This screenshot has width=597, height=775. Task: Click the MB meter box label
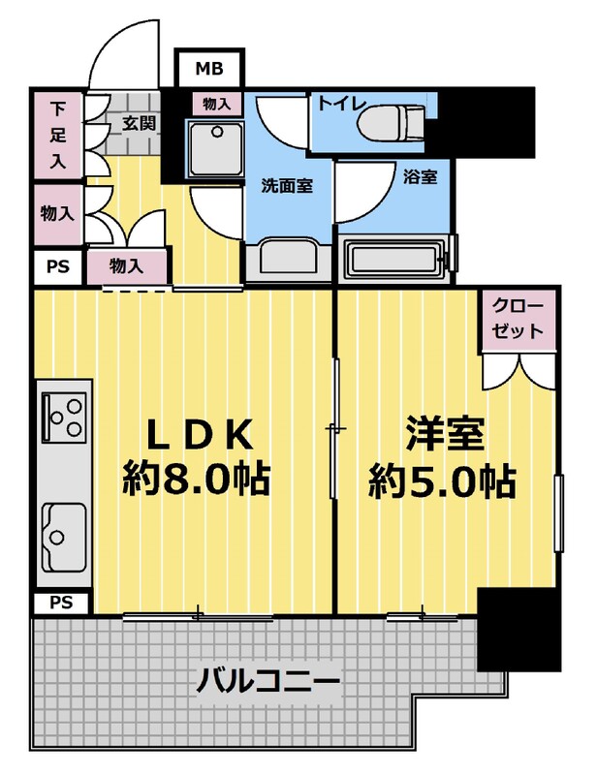(x=209, y=68)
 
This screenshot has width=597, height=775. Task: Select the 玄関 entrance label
(x=140, y=123)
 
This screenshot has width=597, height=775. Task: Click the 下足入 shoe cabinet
(x=57, y=135)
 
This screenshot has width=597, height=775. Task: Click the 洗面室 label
(x=287, y=186)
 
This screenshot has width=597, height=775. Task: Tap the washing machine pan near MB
(x=215, y=148)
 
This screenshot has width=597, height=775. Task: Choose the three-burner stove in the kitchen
(x=64, y=417)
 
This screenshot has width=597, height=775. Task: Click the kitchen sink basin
(x=63, y=538)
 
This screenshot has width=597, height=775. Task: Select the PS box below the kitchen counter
(x=61, y=603)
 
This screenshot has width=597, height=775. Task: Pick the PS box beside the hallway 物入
(x=58, y=267)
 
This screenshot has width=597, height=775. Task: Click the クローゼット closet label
(x=518, y=319)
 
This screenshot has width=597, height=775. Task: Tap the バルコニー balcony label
(x=268, y=681)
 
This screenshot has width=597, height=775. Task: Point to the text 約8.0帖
(x=196, y=479)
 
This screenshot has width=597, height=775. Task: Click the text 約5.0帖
(x=442, y=480)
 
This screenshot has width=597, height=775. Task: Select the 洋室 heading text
(x=445, y=433)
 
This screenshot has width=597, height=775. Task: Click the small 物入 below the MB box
(x=217, y=105)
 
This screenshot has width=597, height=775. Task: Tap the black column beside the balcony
(x=518, y=629)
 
